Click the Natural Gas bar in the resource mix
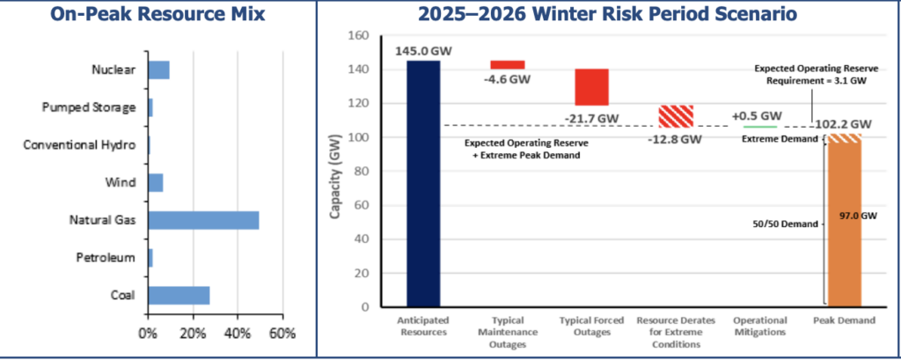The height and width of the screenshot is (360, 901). coord(203,220)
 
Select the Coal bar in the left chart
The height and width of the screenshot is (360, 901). coord(179,295)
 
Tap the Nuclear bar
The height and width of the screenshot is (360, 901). coord(158,70)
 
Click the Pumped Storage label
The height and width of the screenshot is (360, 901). coord(89,107)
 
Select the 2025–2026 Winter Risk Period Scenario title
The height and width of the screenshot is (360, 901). coord(607,15)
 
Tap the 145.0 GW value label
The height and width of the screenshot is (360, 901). coord(423,52)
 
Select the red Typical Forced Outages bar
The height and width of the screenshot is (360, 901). coord(591,87)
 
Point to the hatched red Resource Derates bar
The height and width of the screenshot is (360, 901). coord(676,116)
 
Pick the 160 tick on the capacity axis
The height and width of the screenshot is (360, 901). coord(357,36)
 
